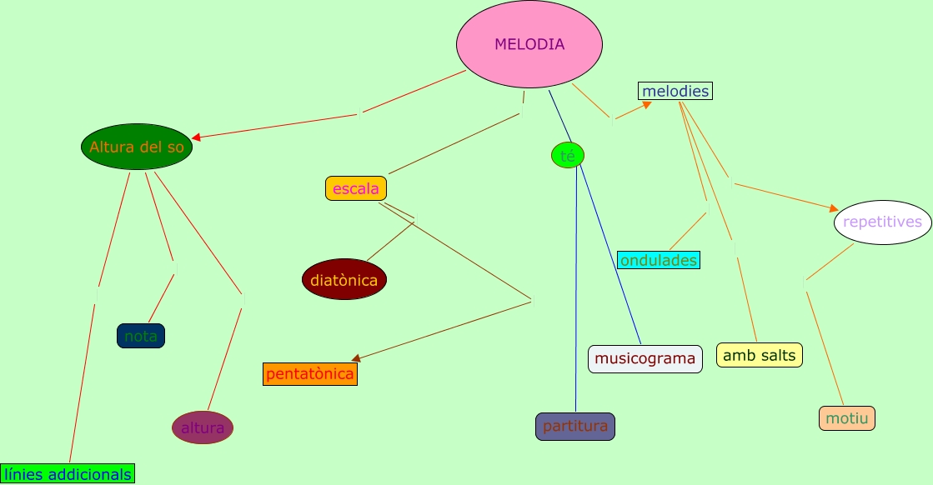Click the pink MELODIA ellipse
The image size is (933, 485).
click(529, 44)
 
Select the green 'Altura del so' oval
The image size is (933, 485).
click(137, 147)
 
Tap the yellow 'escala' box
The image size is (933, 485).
click(356, 188)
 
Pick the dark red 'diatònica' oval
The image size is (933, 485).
click(344, 280)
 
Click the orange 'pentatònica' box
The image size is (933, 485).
click(310, 374)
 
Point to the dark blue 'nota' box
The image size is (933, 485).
click(141, 336)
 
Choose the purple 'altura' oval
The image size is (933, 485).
click(203, 427)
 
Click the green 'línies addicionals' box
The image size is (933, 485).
click(68, 474)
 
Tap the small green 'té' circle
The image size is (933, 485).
click(568, 155)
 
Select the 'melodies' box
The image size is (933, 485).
click(675, 91)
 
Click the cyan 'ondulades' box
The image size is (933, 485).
click(659, 260)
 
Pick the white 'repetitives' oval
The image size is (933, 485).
click(883, 222)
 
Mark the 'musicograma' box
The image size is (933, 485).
click(645, 359)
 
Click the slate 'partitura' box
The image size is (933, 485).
click(575, 427)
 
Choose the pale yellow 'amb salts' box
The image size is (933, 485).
click(760, 355)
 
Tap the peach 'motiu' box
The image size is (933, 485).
click(847, 418)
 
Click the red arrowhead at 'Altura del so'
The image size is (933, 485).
click(197, 137)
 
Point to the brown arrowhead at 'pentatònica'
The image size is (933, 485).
click(356, 358)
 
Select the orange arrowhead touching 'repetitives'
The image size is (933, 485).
click(833, 208)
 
